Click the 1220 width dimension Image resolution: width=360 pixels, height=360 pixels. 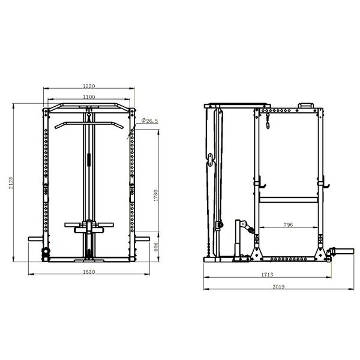tap(89, 86)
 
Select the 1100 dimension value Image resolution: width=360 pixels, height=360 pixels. tap(89, 97)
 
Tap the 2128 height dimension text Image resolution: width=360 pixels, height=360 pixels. tap(11, 183)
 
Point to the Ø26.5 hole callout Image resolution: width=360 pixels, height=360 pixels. tap(149, 121)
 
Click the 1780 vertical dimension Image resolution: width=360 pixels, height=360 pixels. tap(156, 196)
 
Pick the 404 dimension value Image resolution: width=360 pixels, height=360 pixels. tap(156, 247)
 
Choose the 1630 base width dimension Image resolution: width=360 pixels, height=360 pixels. tap(89, 272)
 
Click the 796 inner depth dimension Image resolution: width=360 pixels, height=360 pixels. tap(288, 224)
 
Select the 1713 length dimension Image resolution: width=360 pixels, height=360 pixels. tap(267, 275)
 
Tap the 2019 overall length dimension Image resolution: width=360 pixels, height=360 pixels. tap(278, 287)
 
